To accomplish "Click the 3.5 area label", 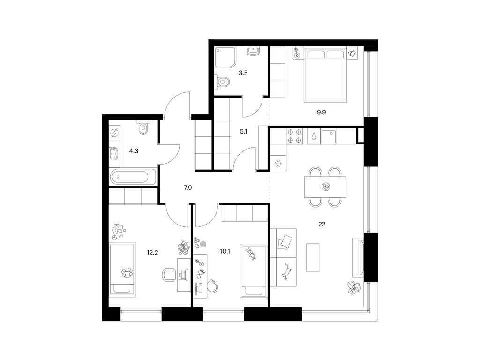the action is coord(243,73).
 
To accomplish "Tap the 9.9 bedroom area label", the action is coord(322,112).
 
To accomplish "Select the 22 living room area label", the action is coord(322,225).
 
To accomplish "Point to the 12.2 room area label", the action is coord(152,253).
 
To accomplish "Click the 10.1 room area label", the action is coord(225,252).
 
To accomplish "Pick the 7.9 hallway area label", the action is coord(187,187).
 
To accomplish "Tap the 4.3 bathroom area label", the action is coord(134,151).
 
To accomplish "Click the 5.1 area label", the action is coord(244,132).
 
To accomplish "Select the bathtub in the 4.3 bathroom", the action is coord(133,177).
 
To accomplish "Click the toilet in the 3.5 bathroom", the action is coord(223,82).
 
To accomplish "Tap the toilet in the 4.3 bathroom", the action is coord(143,128).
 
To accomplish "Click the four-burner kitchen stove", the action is coord(294,136).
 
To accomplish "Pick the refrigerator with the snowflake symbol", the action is coord(278,164).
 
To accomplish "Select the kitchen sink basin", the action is coord(329,136).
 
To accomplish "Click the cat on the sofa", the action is coord(287,271).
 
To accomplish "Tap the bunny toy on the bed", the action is coord(251,253).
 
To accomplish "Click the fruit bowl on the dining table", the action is coord(326,187).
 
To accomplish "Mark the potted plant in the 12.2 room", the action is coord(184,247).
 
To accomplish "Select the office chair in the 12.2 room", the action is coord(169,275).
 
